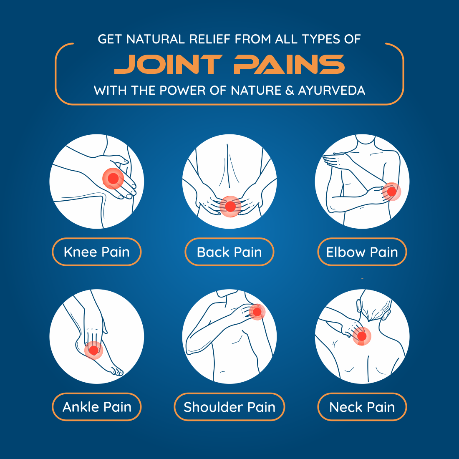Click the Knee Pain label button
97,252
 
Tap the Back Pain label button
229,252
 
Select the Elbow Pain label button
362,252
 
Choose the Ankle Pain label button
97,407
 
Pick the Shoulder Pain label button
229,407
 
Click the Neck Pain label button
362,407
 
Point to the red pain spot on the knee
113,178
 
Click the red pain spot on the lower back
230,207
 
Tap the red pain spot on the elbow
392,192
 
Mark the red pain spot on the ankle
93,350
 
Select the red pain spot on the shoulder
257,312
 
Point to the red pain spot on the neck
362,336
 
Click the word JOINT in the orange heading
168,64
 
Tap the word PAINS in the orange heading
289,64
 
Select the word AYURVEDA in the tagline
332,91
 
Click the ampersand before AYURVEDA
289,91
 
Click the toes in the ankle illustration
117,372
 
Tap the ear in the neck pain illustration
358,306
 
